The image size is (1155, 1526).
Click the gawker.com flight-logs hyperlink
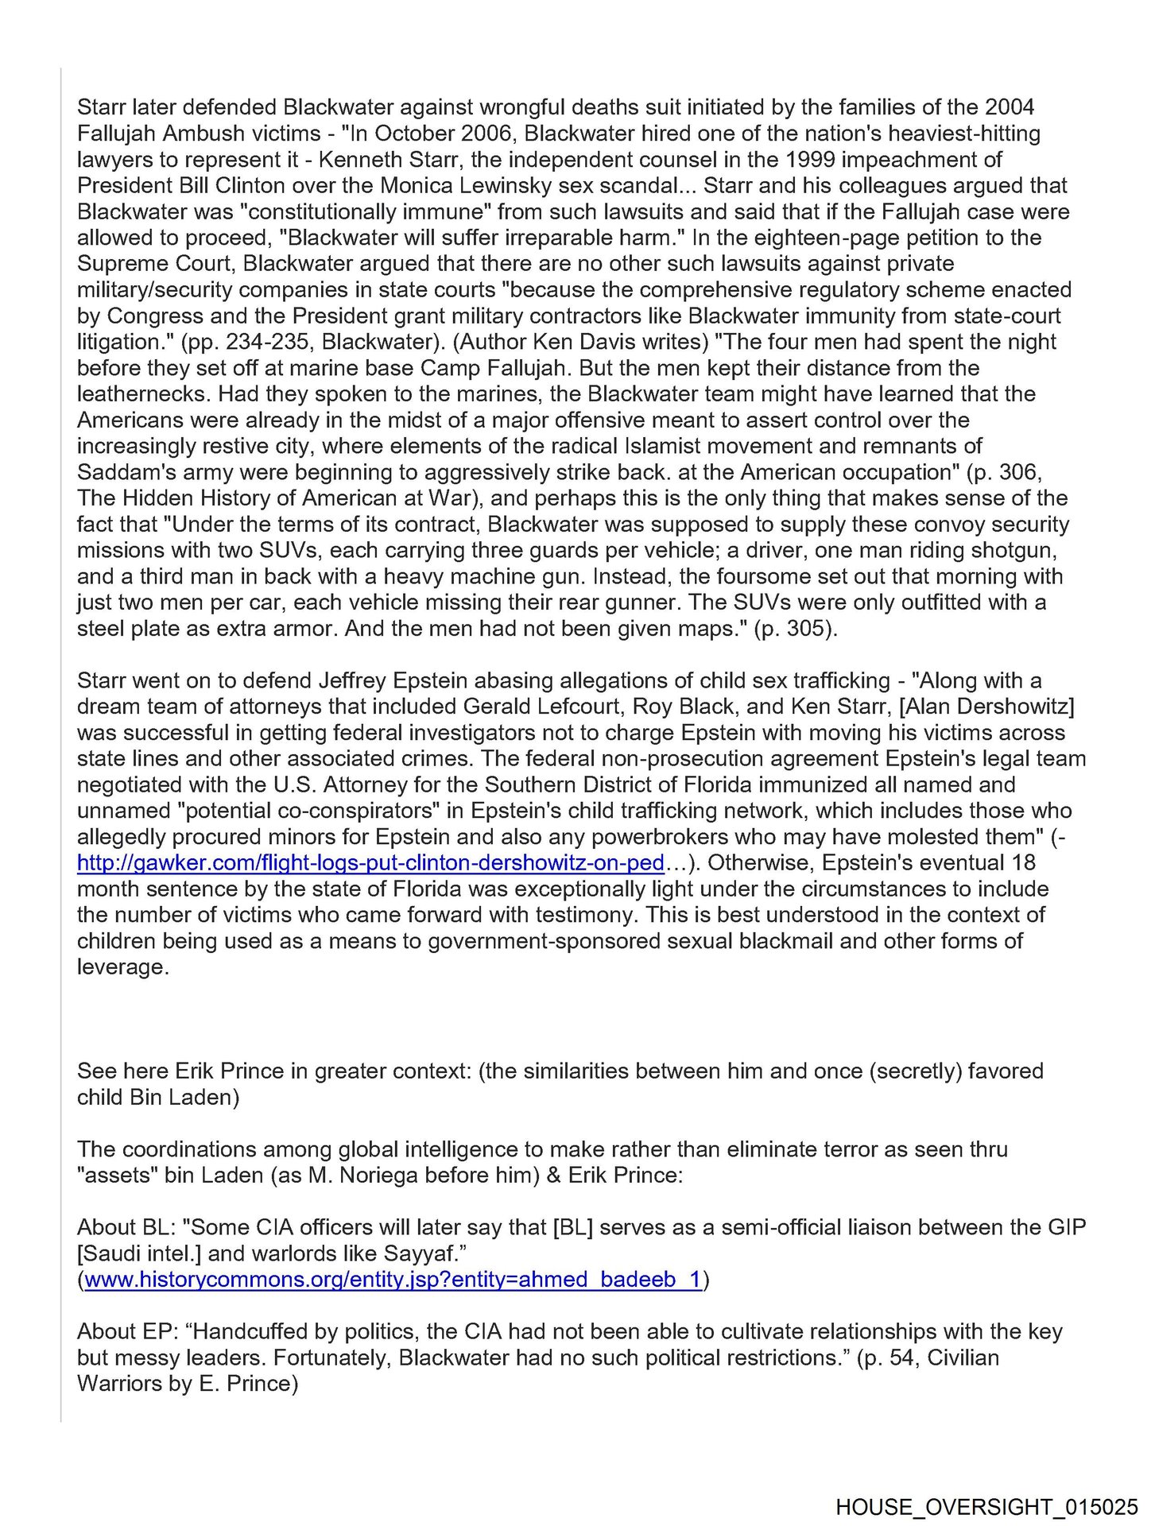tap(370, 863)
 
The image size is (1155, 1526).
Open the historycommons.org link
tap(393, 1280)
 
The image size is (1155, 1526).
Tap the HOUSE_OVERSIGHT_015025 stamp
tap(986, 1507)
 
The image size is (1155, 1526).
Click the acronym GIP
tap(1062, 1227)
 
